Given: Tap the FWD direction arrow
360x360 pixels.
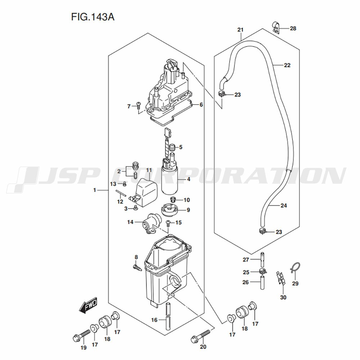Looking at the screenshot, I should click(87, 306).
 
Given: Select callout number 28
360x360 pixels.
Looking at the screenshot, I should click(293, 28).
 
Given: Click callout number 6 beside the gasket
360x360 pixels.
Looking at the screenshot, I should click(201, 105).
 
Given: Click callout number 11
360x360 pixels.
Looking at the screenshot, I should click(149, 170).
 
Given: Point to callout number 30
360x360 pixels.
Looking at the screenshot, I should click(283, 297).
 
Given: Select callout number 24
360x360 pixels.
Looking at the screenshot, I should click(284, 206).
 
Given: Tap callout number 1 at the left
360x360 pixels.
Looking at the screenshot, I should click(95, 190).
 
